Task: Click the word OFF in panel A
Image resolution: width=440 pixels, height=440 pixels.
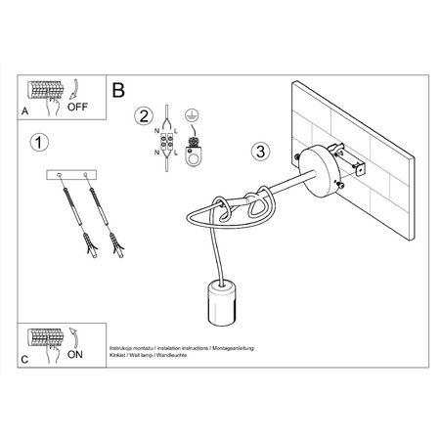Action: pyautogui.click(x=78, y=109)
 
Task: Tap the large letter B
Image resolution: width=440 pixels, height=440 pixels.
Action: pyautogui.click(x=118, y=90)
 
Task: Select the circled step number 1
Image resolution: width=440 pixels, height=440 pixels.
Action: pyautogui.click(x=37, y=143)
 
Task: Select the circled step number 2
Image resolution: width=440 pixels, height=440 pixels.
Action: pyautogui.click(x=143, y=115)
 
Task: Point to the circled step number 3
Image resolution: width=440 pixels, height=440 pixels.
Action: pyautogui.click(x=259, y=153)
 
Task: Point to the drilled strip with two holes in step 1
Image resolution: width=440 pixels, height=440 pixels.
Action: pyautogui.click(x=80, y=174)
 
